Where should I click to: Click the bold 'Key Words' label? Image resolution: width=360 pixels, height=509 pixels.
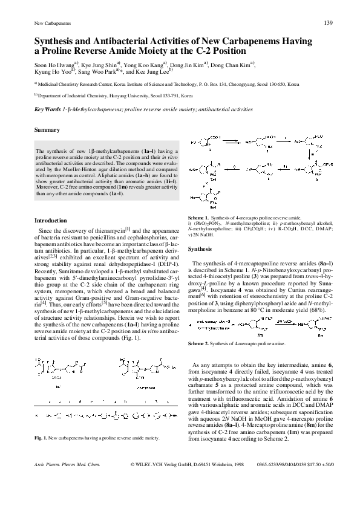point(48,109)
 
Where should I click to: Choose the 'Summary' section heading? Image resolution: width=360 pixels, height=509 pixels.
point(47,131)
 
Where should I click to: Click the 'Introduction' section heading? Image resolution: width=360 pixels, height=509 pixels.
point(50,220)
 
